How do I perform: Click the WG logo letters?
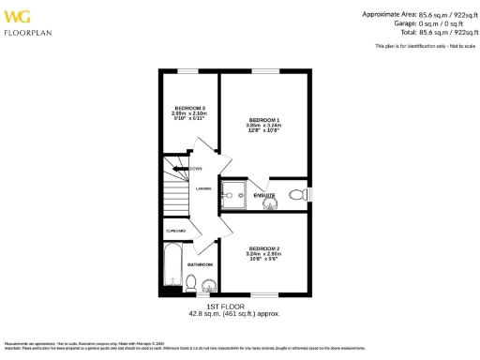[20, 16]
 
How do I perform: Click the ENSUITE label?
[263, 196]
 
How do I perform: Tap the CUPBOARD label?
[176, 231]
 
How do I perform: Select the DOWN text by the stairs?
[196, 169]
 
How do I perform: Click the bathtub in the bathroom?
[172, 266]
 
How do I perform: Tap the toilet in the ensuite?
[297, 195]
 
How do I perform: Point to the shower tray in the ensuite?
[231, 195]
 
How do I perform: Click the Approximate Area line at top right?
[412, 13]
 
